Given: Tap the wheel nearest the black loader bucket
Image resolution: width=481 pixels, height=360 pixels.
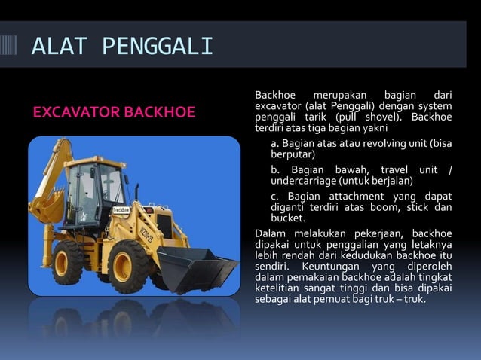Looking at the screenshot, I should [130, 265].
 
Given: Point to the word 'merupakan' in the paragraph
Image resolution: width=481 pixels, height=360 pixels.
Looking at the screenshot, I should [339, 95].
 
